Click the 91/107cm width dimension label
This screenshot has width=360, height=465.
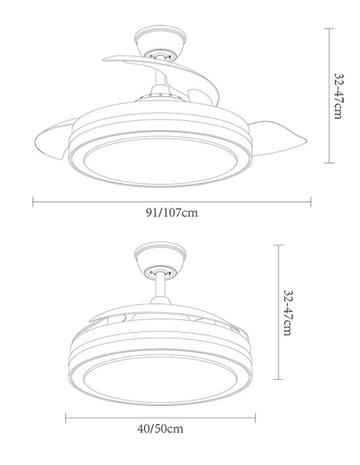172,213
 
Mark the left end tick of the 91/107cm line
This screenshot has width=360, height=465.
33,200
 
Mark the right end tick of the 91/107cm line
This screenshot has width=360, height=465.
311,200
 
